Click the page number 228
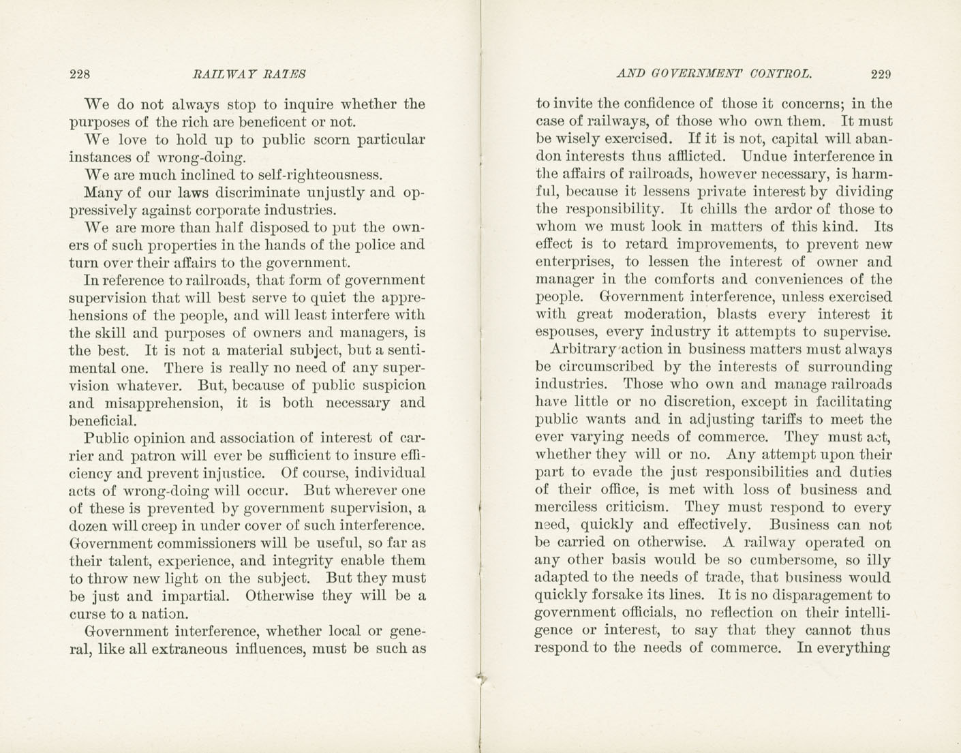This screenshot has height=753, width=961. pos(80,74)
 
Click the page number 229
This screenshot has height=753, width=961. pos(881,74)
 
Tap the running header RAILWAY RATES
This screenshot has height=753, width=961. pos(249,74)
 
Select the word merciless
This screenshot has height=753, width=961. pos(571,508)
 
